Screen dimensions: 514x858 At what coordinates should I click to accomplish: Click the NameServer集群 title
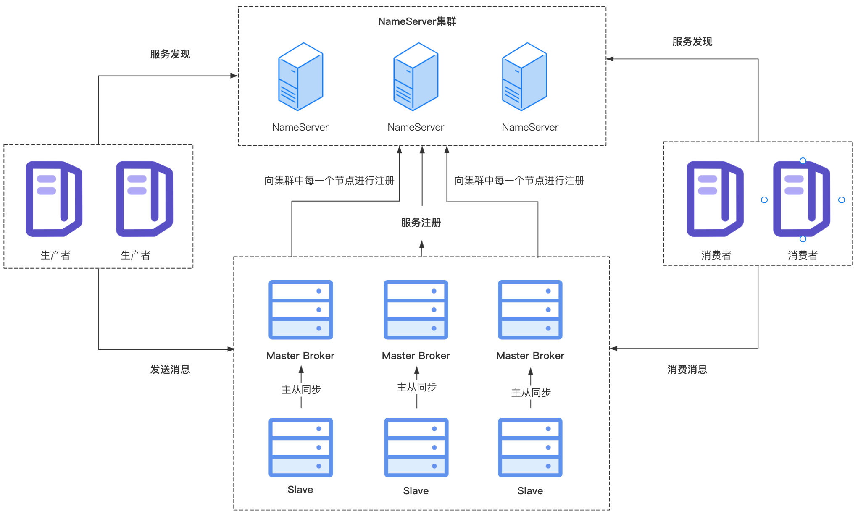417,21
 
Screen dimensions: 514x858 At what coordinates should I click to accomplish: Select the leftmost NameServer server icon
300,76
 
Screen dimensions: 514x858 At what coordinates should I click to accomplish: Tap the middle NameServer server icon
416,76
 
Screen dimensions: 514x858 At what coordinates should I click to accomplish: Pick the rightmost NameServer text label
530,127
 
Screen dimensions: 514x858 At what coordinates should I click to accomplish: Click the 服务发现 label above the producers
170,54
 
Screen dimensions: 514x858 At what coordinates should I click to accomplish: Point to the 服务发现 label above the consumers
692,42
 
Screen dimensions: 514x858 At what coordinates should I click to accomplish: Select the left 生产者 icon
54,199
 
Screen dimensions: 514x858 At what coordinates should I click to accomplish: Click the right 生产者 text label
135,255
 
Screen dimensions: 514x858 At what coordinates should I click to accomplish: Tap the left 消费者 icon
715,199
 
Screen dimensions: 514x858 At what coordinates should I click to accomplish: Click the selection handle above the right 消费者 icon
803,161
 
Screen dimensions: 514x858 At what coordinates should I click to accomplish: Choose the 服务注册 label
421,223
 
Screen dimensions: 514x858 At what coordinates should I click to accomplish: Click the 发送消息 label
170,370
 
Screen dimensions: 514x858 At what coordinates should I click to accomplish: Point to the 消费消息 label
687,370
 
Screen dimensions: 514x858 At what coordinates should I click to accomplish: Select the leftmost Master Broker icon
300,310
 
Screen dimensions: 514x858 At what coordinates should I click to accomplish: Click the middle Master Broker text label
416,356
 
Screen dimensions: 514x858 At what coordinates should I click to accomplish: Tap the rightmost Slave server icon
530,447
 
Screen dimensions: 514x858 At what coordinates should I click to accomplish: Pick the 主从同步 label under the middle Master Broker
416,387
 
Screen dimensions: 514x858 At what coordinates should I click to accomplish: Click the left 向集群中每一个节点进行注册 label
329,181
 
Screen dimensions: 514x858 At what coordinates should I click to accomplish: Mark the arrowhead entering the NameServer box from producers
234,76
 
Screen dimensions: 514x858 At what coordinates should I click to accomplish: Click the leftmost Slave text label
300,490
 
